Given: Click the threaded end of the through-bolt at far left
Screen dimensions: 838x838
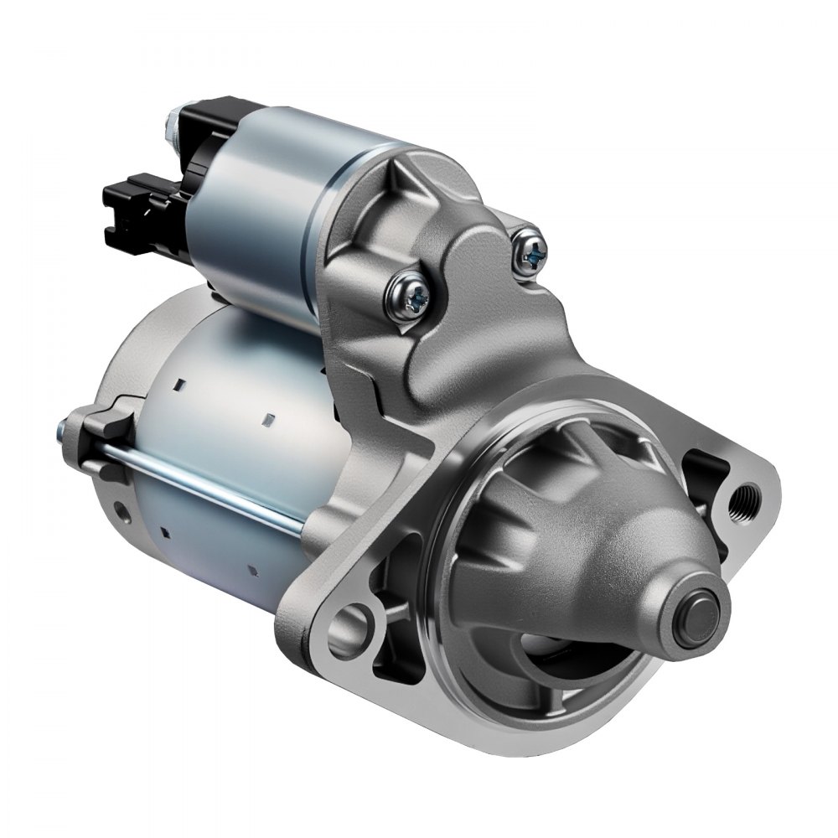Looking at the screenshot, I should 62,432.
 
